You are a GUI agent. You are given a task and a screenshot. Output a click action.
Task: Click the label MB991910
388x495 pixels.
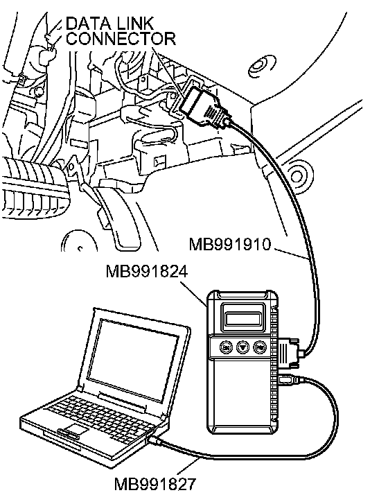(230, 244)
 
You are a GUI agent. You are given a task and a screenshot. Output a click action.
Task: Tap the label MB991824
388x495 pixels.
(147, 271)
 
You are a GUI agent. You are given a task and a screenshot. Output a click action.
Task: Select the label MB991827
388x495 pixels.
(155, 484)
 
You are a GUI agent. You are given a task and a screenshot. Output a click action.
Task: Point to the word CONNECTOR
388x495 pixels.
(121, 39)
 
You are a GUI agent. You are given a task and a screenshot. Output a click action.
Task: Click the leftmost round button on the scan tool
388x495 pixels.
(226, 347)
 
